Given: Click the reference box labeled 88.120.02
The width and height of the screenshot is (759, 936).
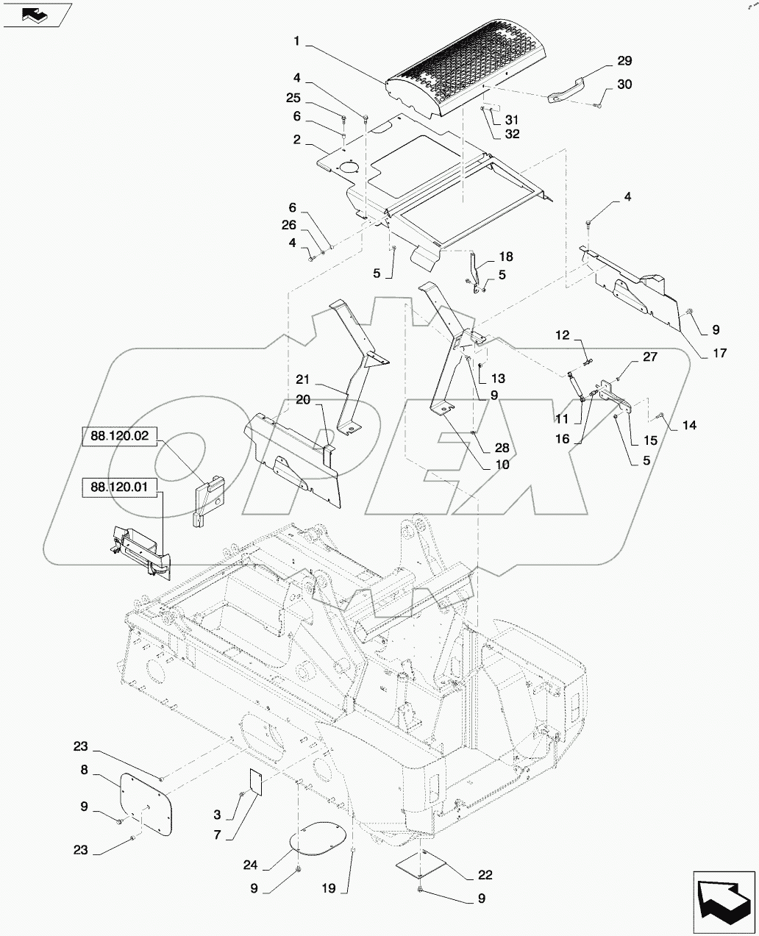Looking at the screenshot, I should [120, 436].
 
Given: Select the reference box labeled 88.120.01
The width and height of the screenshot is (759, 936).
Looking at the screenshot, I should [120, 487].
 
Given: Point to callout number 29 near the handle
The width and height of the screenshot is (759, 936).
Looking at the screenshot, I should [623, 61].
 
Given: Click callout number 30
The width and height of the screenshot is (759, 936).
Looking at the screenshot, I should [624, 85].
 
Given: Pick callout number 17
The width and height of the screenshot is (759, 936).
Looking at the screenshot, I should [719, 354].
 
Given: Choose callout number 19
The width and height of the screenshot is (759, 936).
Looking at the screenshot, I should [327, 889].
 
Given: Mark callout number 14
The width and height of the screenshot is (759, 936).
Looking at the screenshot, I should [688, 426].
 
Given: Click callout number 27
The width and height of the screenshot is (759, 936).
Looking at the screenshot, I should [649, 357].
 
